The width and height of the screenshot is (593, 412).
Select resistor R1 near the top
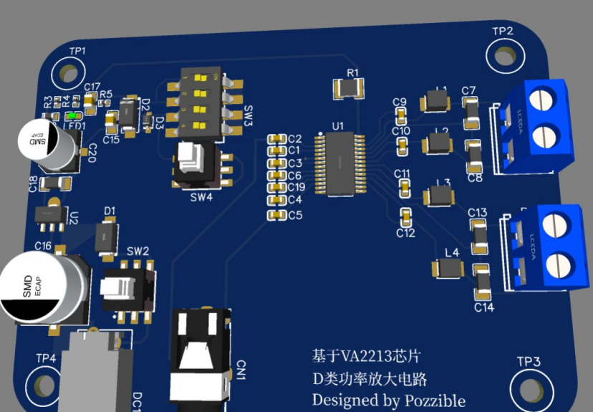point(350,89)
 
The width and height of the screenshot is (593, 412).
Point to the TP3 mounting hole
point(529,385)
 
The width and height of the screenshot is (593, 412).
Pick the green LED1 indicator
point(72,116)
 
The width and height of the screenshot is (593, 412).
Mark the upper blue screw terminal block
point(537,125)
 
